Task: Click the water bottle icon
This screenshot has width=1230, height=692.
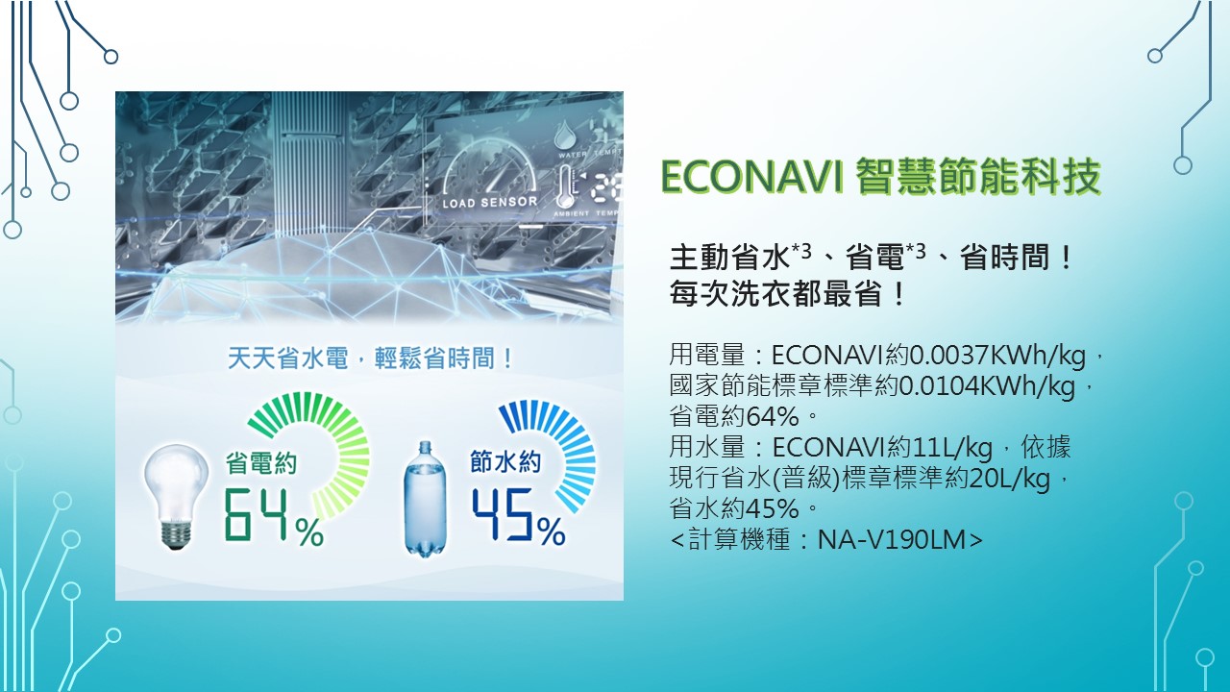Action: tap(425, 499)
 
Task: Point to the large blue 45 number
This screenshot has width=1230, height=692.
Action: tap(503, 513)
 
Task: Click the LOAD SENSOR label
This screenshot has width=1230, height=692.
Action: tap(490, 202)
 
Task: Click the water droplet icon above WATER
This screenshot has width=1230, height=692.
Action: tap(564, 136)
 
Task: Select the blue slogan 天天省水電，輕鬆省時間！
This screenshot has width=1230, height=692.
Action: tap(371, 359)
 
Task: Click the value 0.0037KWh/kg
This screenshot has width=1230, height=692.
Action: tap(997, 356)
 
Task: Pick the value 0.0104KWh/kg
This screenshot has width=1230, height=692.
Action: tap(986, 386)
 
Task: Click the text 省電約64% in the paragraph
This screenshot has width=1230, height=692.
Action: tap(734, 416)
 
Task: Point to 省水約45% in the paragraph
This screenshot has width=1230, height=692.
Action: tap(734, 508)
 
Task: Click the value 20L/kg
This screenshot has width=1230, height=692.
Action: tap(1010, 479)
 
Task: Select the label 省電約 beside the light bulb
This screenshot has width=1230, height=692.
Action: tap(260, 463)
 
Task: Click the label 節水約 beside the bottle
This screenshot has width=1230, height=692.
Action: tap(505, 461)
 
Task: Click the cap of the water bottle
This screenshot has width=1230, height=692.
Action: tap(425, 445)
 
